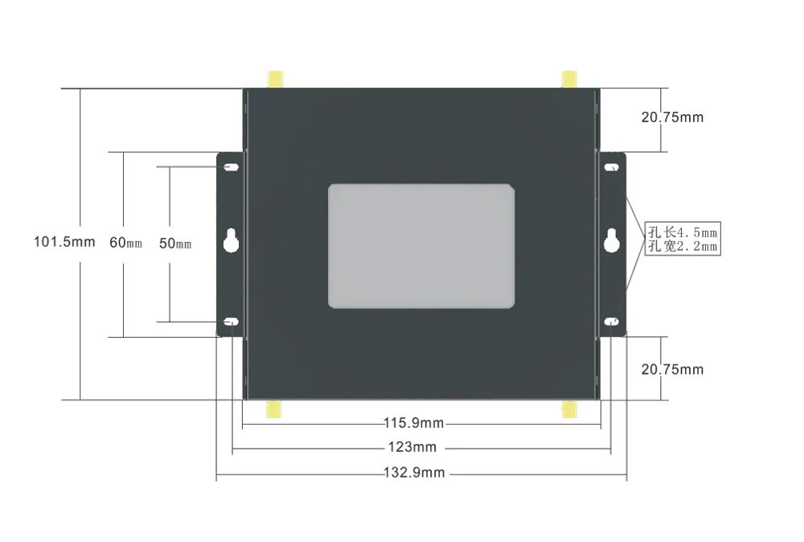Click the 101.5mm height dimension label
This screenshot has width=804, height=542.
tap(64, 241)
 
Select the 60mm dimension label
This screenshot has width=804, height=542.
tap(125, 243)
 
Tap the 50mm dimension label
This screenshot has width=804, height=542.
tap(175, 244)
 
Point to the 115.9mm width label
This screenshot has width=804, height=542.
tap(413, 423)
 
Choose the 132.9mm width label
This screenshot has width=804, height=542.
tap(413, 473)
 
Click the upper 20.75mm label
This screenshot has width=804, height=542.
tap(672, 117)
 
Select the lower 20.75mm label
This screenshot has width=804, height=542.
tap(672, 369)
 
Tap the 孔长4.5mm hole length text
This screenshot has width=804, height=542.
tap(682, 232)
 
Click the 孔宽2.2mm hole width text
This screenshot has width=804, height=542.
tap(682, 246)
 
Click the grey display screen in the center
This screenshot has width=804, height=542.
tap(421, 245)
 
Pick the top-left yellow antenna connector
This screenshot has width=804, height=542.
tap(275, 79)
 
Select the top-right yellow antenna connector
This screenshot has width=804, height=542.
tap(568, 79)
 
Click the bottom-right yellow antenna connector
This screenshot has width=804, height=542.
tap(569, 409)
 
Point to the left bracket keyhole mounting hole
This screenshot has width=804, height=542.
tap(231, 242)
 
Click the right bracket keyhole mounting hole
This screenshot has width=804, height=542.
tap(612, 241)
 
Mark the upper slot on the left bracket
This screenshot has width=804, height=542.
tap(231, 168)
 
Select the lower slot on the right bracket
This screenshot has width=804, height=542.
tap(612, 322)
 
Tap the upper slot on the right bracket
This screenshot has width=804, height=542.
tap(612, 168)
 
